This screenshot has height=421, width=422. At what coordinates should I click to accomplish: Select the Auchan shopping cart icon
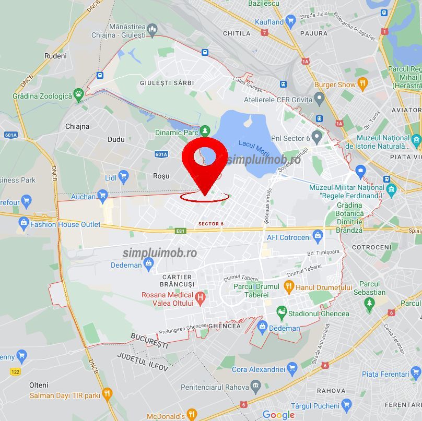click(x=103, y=197)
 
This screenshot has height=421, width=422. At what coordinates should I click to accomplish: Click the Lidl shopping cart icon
click(x=123, y=177)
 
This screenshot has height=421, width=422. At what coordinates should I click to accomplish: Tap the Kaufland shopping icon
click(x=290, y=22)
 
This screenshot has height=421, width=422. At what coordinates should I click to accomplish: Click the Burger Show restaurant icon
click(x=362, y=84)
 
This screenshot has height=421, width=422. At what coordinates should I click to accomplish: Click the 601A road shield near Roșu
click(x=161, y=154)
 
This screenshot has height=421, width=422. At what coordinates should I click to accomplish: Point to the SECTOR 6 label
click(x=211, y=224)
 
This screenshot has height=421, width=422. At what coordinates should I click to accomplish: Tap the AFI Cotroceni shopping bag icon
click(x=318, y=237)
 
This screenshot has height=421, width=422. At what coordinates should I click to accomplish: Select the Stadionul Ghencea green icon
click(x=282, y=314)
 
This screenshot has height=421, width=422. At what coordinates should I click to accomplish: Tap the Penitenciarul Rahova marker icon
click(x=255, y=387)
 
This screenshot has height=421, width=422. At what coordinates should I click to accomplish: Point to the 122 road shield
click(x=15, y=371)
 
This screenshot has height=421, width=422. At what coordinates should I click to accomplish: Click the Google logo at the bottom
click(x=278, y=415)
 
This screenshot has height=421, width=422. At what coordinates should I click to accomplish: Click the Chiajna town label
click(x=77, y=126)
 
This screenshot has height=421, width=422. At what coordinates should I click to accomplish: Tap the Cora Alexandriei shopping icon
click(x=292, y=369)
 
